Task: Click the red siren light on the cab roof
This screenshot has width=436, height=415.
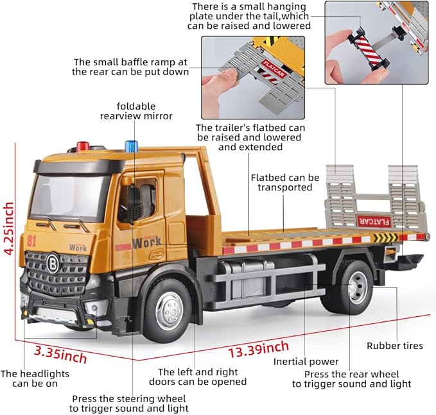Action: (83, 147)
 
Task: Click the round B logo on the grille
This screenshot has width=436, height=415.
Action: (51, 263)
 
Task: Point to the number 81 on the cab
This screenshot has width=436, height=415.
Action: (31, 241)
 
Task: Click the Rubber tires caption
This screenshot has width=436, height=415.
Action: (395, 346)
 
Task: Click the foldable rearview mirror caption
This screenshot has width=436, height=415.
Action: (136, 110)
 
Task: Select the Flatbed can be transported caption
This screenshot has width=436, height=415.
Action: (284, 182)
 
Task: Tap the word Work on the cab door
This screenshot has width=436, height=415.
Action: (147, 242)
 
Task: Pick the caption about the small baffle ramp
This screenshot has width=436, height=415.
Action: (130, 67)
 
